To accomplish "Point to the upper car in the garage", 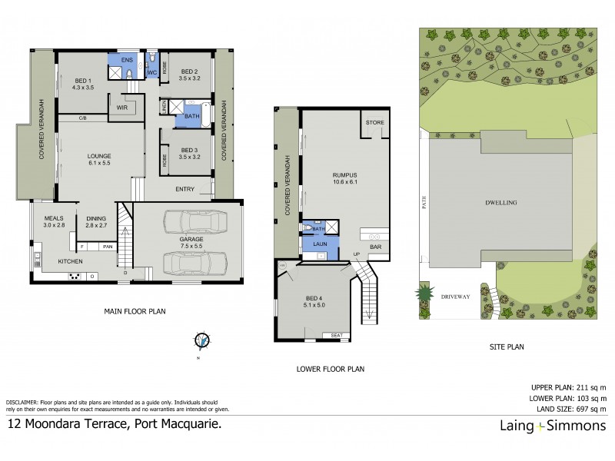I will click(x=193, y=222).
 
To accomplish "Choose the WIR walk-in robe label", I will click(x=121, y=109).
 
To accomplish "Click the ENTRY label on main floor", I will click(x=184, y=189).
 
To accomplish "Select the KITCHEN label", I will click(x=71, y=262).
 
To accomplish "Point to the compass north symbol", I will click(x=201, y=340).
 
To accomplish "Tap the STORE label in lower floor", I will click(x=374, y=123).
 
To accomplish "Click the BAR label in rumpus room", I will click(x=376, y=247).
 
